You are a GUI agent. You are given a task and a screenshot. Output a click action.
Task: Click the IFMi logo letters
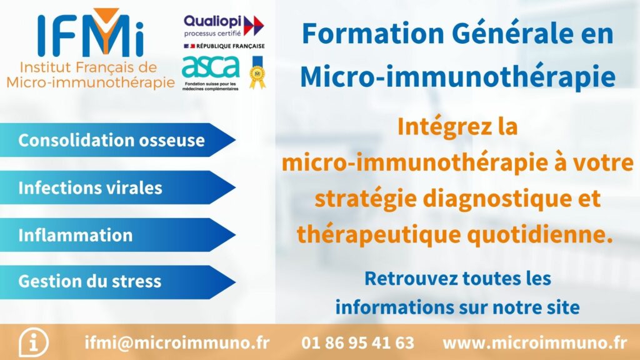click(91, 32)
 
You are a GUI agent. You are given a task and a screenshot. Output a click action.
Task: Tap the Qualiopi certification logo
click(224, 26)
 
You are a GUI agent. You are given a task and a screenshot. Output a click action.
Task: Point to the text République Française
click(231, 46)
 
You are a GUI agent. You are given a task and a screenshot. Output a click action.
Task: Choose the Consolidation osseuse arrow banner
click(117, 140)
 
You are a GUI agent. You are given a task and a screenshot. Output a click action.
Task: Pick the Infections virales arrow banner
click(117, 187)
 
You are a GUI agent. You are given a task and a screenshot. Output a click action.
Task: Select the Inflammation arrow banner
click(117, 235)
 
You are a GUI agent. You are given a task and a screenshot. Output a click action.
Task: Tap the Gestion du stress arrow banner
click(117, 282)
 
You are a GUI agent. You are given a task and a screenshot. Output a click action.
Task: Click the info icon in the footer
click(34, 342)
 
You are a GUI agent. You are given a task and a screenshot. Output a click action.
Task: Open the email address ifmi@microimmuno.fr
click(177, 342)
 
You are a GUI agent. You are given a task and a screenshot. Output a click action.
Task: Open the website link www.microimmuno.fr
click(535, 342)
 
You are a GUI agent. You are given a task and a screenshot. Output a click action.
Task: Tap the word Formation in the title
click(373, 34)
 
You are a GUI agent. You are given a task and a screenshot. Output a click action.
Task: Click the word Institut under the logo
click(45, 67)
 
